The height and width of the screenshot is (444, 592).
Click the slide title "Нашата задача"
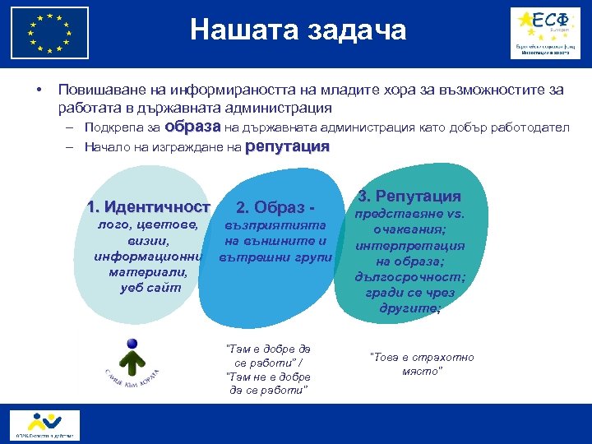point(298,30)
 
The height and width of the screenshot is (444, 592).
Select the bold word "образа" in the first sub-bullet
point(192,127)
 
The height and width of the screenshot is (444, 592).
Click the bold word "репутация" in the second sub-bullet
point(287,147)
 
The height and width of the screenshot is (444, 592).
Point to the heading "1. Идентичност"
point(149,207)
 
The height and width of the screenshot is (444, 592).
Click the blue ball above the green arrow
point(132,344)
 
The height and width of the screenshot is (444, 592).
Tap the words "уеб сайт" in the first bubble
point(148,288)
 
